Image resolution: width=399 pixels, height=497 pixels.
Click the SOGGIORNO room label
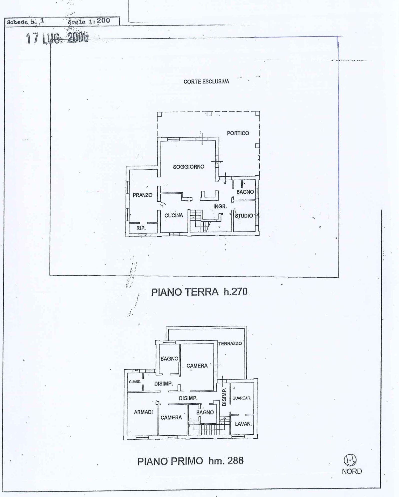189,167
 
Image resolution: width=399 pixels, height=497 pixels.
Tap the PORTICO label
238,133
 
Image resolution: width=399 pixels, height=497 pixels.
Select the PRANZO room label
142,195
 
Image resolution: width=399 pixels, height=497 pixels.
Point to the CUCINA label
174,215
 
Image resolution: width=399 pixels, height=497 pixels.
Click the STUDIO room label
244,215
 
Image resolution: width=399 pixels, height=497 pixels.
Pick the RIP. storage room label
141,228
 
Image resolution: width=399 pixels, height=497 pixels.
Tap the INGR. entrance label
220,206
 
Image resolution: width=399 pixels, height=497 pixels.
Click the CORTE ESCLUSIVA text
206,81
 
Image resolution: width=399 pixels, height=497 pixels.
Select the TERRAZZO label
230,343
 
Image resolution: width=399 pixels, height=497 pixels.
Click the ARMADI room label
143,412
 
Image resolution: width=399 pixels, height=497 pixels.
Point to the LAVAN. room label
243,424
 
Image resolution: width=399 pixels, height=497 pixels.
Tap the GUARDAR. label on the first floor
242,398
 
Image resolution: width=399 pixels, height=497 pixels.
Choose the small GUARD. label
135,382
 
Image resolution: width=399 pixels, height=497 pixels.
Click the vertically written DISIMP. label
224,398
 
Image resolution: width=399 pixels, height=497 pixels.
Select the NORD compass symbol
350,460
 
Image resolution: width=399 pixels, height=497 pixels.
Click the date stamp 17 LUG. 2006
57,38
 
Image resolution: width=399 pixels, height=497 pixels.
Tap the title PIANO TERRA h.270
199,292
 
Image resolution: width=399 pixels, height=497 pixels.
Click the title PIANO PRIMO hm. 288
190,461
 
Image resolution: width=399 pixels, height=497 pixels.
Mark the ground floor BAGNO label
245,192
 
